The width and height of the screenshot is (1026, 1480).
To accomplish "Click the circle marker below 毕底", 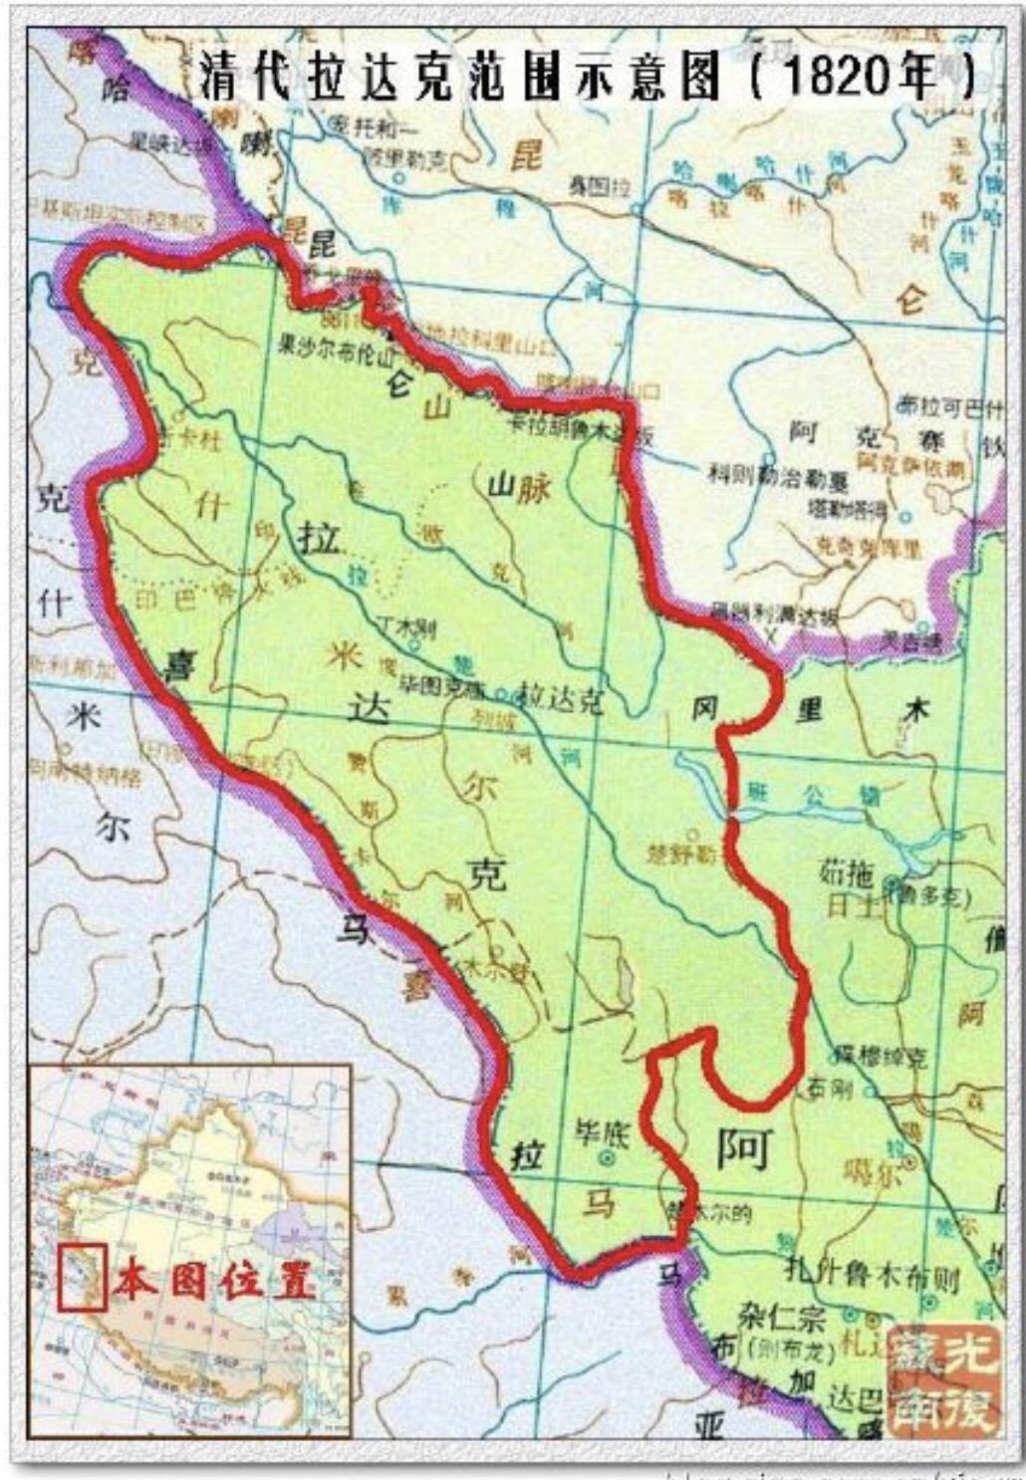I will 608,1158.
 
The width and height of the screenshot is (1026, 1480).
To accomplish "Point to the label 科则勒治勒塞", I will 778,477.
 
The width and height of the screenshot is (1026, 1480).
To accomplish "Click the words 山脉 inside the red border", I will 518,487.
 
